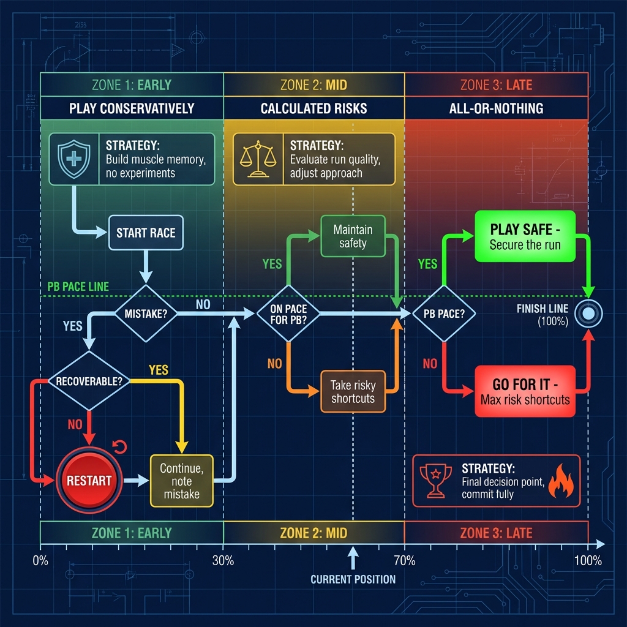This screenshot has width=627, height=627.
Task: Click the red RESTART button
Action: pyautogui.click(x=89, y=481)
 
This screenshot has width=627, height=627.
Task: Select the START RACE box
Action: pyautogui.click(x=146, y=233)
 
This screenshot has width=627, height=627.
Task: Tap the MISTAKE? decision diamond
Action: pyautogui.click(x=146, y=313)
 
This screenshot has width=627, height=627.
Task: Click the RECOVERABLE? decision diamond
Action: pyautogui.click(x=89, y=380)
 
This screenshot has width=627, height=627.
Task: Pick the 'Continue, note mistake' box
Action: pyautogui.click(x=181, y=481)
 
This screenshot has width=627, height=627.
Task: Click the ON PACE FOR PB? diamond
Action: pyautogui.click(x=288, y=313)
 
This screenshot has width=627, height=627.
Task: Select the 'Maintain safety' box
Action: pyautogui.click(x=353, y=236)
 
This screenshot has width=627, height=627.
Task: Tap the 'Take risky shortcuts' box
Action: pyautogui.click(x=353, y=392)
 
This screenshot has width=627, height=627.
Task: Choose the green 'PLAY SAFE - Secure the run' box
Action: pyautogui.click(x=525, y=236)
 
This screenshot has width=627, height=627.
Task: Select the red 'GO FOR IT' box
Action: pyautogui.click(x=525, y=392)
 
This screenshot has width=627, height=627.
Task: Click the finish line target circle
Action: pyautogui.click(x=588, y=313)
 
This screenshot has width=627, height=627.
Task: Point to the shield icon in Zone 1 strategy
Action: pyautogui.click(x=72, y=159)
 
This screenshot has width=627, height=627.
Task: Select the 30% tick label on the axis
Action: pyautogui.click(x=223, y=560)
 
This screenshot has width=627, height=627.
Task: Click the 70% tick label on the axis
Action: pyautogui.click(x=404, y=560)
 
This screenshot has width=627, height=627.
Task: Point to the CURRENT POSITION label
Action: pyautogui.click(x=353, y=579)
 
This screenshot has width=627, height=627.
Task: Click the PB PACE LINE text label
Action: pyautogui.click(x=78, y=287)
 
